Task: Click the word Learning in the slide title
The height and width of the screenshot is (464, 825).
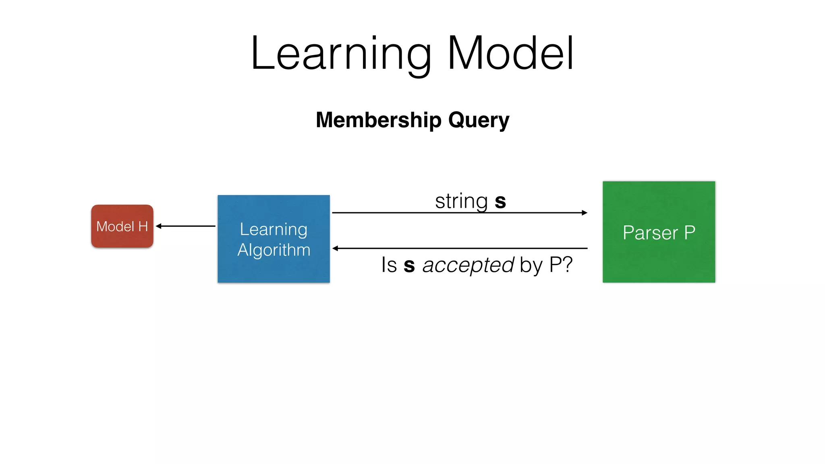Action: click(341, 54)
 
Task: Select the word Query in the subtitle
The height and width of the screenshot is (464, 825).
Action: click(479, 120)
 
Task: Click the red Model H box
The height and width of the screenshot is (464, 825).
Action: click(122, 226)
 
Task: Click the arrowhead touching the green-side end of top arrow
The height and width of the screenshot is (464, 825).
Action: click(585, 213)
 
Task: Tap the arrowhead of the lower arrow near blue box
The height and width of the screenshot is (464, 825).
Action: click(335, 248)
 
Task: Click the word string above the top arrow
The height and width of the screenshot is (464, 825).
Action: click(461, 201)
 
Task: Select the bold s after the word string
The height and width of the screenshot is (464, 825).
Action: click(500, 201)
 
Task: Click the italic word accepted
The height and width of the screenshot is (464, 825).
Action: click(468, 265)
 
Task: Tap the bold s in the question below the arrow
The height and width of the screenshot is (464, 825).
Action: click(409, 266)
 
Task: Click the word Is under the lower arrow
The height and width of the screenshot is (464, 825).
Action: click(389, 265)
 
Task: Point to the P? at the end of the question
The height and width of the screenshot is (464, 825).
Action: click(560, 265)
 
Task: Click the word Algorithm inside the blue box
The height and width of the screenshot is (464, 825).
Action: click(274, 250)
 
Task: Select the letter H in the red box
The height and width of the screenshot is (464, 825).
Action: click(143, 226)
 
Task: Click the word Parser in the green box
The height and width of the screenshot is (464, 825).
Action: click(650, 233)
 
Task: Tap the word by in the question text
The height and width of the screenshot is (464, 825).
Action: click(531, 266)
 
